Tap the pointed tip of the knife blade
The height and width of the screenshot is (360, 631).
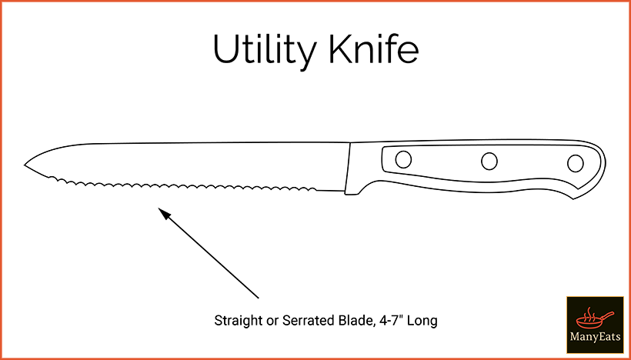click(25, 165)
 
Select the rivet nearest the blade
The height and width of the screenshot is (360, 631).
click(403, 159)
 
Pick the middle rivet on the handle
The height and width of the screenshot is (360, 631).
click(489, 161)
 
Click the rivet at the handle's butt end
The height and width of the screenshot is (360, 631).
click(575, 163)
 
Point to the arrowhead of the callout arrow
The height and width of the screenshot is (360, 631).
click(165, 214)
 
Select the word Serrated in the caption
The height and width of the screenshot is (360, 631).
click(308, 321)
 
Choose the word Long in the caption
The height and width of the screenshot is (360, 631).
click(422, 322)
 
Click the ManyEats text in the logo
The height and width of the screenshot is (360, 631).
click(595, 337)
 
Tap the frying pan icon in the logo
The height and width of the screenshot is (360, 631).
click(594, 319)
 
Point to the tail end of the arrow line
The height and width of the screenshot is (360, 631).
click(258, 298)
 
